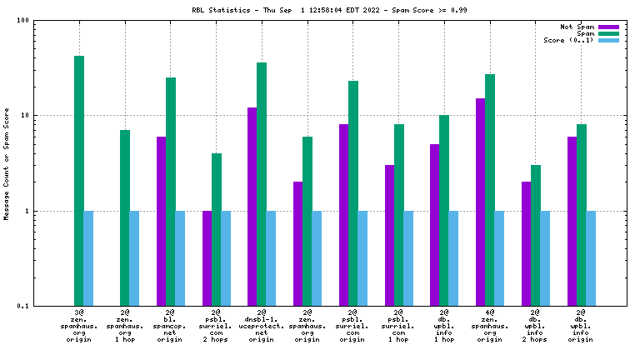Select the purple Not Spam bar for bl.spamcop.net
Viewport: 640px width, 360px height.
tap(161, 221)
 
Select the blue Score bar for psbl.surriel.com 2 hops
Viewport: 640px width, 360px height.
tap(225, 258)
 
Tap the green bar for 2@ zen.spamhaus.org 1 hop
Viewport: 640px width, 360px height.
tap(125, 217)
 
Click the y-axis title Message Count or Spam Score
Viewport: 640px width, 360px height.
tap(7, 163)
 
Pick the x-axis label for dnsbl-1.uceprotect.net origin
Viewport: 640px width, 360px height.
tap(262, 326)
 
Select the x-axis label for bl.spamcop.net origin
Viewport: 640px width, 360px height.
tap(170, 326)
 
